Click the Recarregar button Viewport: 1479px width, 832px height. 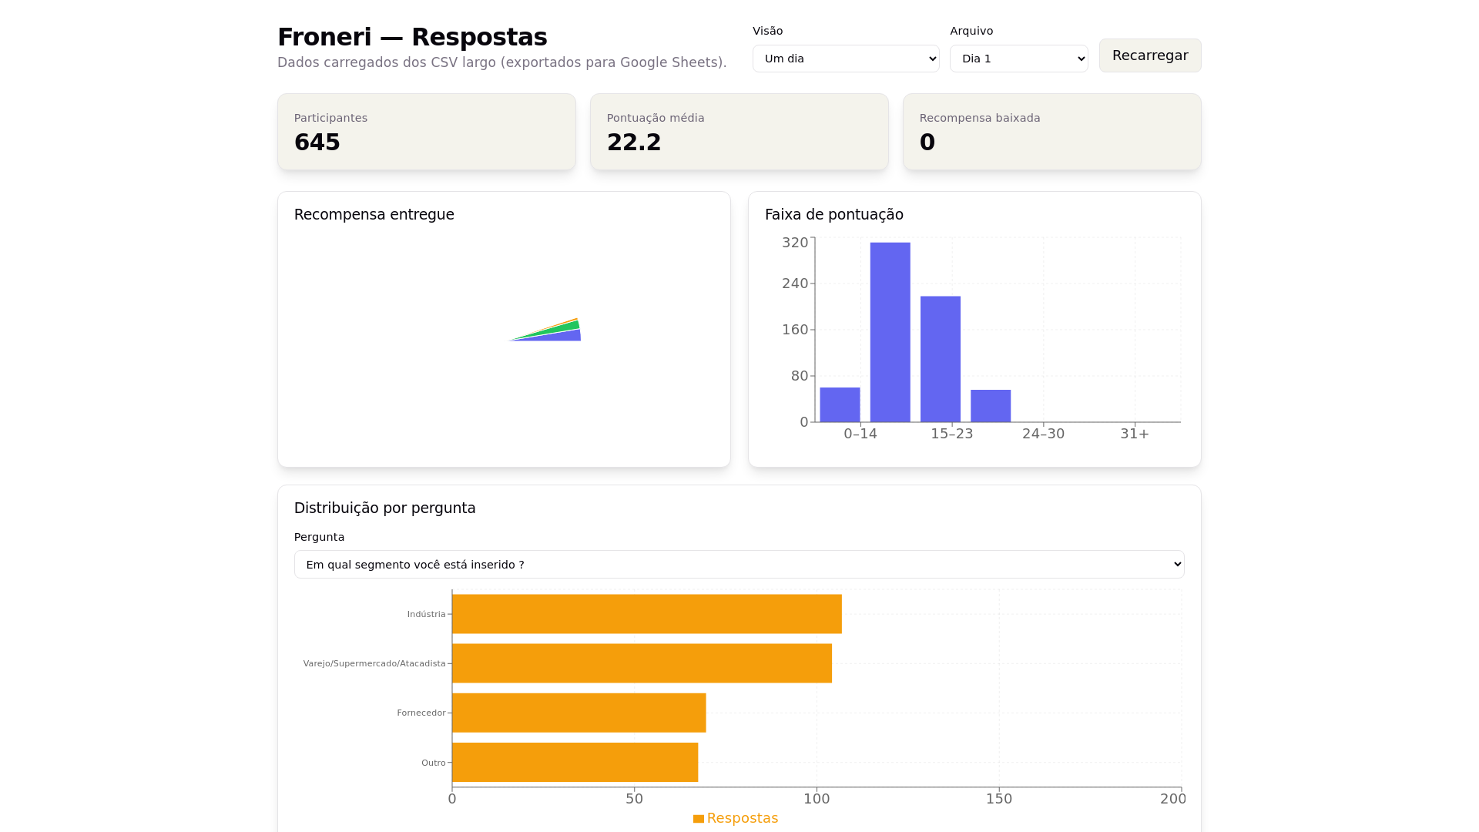coord(1149,55)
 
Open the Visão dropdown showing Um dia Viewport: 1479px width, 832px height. coord(845,59)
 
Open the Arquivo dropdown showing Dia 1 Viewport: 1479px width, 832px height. coord(1018,59)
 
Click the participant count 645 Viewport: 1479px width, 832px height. coord(317,143)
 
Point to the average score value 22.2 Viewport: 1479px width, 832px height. coord(633,143)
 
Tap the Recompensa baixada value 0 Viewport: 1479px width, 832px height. coord(927,143)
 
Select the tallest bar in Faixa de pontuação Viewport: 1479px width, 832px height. coord(890,332)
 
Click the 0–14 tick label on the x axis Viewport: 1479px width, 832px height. coord(860,434)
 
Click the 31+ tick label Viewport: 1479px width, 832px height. coord(1134,434)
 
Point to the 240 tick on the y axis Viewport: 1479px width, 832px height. coord(795,283)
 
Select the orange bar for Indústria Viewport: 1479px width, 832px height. coord(646,614)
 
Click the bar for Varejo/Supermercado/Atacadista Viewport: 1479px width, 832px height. coord(642,663)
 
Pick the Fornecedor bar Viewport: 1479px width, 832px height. coord(579,713)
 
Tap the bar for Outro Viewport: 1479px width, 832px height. coord(575,762)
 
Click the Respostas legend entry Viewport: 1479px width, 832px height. coord(736,818)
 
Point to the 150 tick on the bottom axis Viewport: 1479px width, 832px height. coord(998,799)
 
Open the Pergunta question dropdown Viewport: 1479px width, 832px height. coord(739,565)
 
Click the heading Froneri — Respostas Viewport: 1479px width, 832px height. coord(412,37)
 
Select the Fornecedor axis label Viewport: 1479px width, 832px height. coord(421,713)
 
